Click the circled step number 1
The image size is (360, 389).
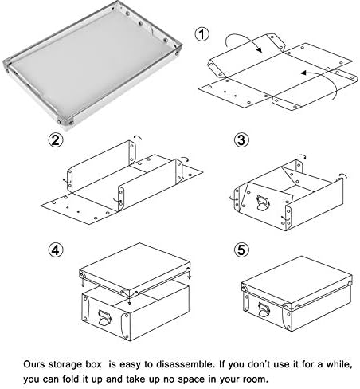click(202, 34)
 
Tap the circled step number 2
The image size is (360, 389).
click(56, 139)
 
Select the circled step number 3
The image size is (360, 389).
click(241, 139)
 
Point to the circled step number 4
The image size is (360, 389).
click(56, 250)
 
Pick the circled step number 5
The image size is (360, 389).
click(241, 250)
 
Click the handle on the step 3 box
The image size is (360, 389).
click(263, 202)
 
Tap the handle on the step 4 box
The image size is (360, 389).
click(104, 317)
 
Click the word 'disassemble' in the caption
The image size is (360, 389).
click(185, 364)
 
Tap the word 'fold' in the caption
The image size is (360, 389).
click(71, 379)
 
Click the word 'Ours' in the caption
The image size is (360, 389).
click(33, 364)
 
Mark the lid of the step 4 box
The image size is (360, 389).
click(135, 269)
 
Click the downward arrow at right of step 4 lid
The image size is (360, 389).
click(189, 273)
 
